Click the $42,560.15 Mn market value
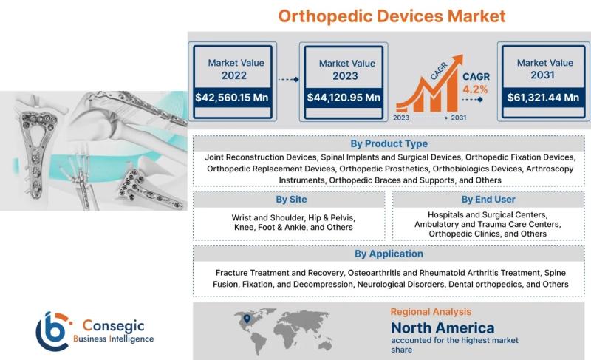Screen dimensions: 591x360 tap(232, 98)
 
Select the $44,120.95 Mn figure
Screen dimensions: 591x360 tap(344, 98)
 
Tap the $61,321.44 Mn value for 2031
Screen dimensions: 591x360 tap(543, 98)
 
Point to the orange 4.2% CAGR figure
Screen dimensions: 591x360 tap(475, 89)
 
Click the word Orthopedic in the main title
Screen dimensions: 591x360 tap(325, 16)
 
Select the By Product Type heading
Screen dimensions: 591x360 tap(389, 143)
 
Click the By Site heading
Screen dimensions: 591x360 tap(291, 200)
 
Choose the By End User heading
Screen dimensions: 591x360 tap(488, 200)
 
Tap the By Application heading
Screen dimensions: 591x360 tap(389, 254)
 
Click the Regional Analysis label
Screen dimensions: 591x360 tap(431, 312)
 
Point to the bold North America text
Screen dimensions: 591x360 tap(443, 328)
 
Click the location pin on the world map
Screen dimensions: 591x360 tap(247, 319)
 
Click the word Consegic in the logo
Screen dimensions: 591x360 tap(113, 325)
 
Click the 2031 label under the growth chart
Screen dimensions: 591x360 tap(459, 118)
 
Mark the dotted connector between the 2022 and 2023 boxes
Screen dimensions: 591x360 tap(288, 79)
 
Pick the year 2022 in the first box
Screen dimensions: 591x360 tap(234, 75)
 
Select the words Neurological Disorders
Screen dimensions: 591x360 tap(400, 285)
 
